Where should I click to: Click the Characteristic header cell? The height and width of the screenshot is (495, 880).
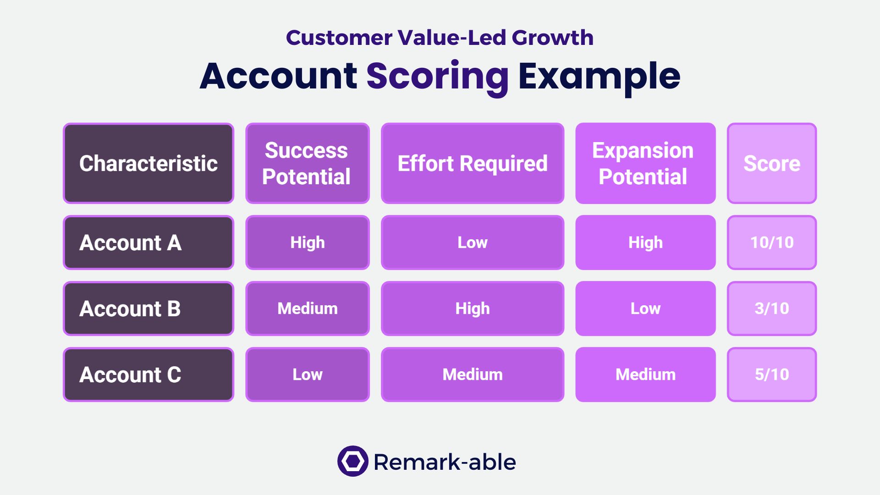148,163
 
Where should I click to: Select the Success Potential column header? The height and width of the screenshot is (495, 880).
308,163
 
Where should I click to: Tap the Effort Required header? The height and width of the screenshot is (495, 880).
473,163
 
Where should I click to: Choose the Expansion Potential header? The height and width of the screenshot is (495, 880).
645,163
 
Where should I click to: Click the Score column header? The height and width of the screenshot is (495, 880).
772,163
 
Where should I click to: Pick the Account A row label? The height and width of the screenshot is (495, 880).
148,242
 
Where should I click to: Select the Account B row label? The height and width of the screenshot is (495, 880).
148,308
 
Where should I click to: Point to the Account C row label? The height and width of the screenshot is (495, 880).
148,374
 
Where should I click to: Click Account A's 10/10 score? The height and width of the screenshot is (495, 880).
772,242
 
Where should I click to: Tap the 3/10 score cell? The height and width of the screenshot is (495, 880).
772,308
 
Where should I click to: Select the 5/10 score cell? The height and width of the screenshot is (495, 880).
772,374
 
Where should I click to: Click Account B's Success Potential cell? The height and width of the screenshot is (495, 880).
308,308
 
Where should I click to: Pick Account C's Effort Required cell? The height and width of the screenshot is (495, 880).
473,374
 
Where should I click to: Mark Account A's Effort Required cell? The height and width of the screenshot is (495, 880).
473,242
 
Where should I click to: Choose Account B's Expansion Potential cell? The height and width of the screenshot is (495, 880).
645,308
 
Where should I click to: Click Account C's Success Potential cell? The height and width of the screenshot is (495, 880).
308,374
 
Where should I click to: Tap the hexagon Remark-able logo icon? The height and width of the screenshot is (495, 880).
353,461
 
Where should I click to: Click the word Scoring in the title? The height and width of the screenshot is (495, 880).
438,77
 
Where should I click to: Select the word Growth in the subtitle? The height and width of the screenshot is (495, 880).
553,38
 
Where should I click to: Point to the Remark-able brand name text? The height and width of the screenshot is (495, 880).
445,462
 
